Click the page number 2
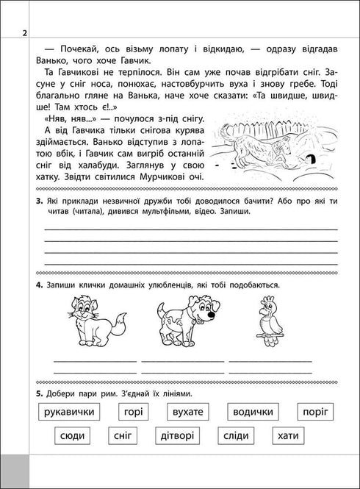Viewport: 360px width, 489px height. click(24, 34)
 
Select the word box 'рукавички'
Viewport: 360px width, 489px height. click(69, 412)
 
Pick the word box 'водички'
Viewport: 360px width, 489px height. click(253, 412)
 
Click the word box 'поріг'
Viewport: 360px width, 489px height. click(316, 412)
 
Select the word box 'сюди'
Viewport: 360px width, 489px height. click(74, 436)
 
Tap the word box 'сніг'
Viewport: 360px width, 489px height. click(123, 436)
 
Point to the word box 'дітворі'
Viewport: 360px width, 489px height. click(173, 436)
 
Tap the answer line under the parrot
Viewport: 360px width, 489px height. click(270, 362)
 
